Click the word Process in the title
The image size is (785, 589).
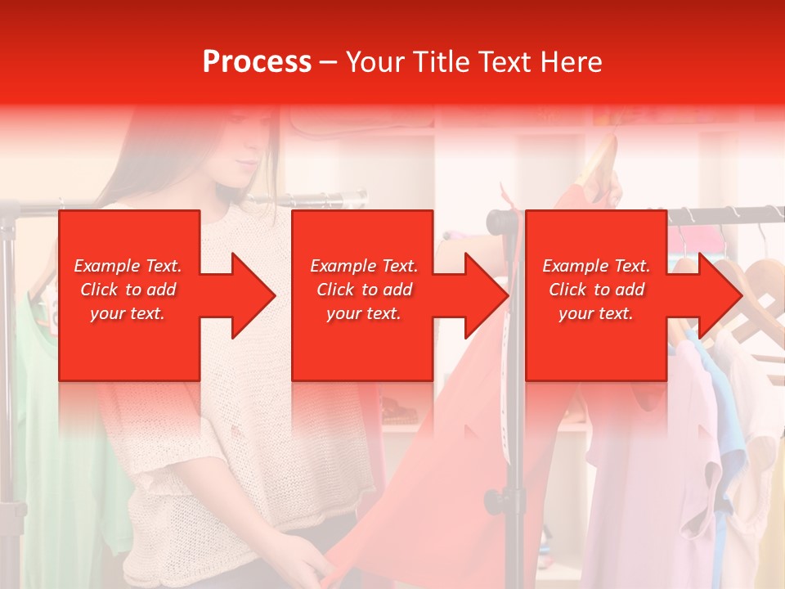pyautogui.click(x=257, y=62)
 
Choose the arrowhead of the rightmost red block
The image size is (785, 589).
pyautogui.click(x=720, y=295)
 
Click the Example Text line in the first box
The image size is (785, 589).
pyautogui.click(x=128, y=266)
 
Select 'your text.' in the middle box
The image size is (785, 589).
pyautogui.click(x=363, y=313)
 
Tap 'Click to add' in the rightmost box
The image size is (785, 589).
pyautogui.click(x=596, y=290)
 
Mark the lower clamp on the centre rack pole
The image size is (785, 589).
pyautogui.click(x=494, y=500)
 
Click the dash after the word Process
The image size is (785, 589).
pyautogui.click(x=328, y=62)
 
